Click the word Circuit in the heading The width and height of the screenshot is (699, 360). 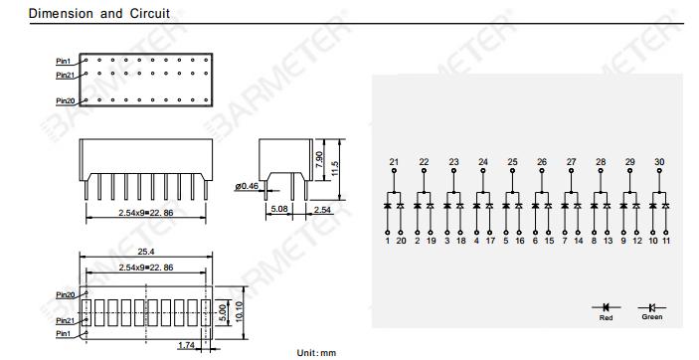click(150, 13)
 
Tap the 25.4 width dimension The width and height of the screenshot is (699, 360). click(146, 252)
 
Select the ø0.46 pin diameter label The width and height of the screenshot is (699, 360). click(247, 186)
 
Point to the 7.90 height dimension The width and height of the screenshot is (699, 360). click(319, 160)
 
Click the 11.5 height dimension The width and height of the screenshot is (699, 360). click(335, 169)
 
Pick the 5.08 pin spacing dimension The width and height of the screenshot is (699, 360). click(279, 209)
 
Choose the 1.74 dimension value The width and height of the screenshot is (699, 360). click(186, 345)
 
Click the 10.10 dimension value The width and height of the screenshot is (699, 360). click(239, 312)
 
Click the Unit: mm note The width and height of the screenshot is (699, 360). click(316, 353)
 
